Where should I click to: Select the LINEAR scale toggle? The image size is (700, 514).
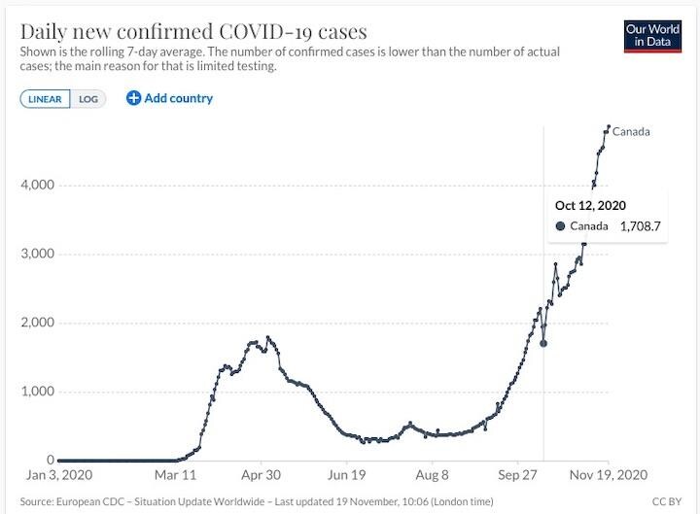[46, 98]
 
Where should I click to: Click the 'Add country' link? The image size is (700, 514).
[169, 98]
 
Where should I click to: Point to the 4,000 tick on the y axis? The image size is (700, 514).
[34, 185]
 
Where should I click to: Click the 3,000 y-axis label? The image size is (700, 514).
[34, 254]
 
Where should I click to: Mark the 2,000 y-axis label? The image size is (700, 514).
[34, 323]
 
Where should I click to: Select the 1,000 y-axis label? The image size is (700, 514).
[34, 392]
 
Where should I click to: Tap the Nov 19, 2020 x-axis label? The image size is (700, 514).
[610, 476]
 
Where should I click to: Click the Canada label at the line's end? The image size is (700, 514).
[631, 132]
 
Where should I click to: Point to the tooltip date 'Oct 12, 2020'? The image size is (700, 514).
[590, 205]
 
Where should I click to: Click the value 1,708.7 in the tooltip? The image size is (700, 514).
[640, 226]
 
